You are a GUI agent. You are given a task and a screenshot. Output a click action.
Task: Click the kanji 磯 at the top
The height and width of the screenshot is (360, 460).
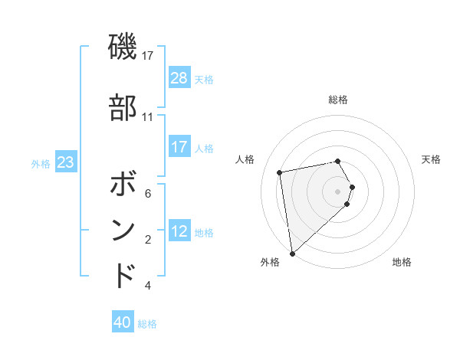[x=123, y=47]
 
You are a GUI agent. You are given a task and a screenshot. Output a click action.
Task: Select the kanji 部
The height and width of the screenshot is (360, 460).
[x=123, y=108]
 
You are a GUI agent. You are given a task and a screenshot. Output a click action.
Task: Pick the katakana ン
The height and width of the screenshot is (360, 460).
[x=123, y=231]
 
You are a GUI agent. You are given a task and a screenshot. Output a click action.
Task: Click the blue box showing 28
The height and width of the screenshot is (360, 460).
[x=179, y=77]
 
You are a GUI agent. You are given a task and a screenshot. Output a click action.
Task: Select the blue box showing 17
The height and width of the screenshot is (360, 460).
[x=179, y=147]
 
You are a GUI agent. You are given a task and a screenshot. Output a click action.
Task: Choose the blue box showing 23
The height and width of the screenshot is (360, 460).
[x=65, y=162]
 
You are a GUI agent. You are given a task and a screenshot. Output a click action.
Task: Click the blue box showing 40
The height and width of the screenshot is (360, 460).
[x=123, y=322]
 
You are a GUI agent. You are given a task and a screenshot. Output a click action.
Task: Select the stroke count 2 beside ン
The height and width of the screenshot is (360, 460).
[x=147, y=240]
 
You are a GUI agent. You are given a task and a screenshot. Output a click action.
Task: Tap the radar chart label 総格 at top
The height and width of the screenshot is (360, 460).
[x=338, y=100]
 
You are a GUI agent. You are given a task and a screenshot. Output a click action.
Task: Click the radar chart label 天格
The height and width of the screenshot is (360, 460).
[x=431, y=159]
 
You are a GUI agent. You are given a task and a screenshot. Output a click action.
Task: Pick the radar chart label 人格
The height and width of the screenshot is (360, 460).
[x=245, y=159]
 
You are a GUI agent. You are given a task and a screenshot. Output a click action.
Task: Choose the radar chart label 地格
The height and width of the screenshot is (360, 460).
[x=402, y=262]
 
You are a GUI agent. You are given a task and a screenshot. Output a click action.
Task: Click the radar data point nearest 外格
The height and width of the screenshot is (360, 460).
[x=291, y=254]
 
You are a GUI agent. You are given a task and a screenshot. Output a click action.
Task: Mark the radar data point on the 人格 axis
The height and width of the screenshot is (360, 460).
[x=280, y=172]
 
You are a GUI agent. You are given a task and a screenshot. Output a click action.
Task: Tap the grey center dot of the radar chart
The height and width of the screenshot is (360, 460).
[x=338, y=191]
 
